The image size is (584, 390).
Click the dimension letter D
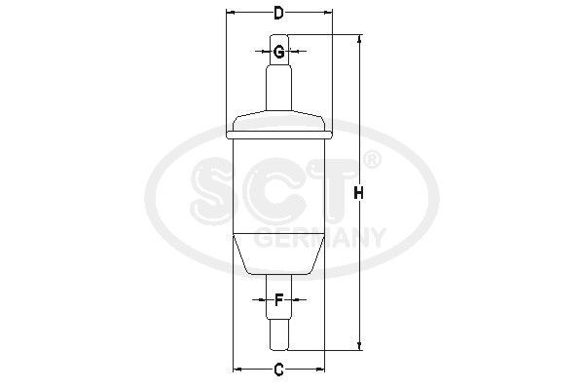(278, 14)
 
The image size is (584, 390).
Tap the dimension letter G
(278, 52)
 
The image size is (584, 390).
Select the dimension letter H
(359, 194)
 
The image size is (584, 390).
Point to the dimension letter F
(278, 300)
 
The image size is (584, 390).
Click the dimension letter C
(278, 369)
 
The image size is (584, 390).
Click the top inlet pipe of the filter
(278, 88)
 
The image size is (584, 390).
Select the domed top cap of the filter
(278, 122)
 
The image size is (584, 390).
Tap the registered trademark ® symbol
(371, 159)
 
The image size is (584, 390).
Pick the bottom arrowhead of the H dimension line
(360, 345)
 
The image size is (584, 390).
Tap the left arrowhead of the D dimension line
(230, 14)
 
